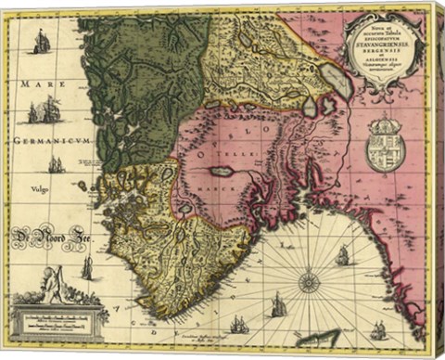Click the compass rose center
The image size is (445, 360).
coord(309,281)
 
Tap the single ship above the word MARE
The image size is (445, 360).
coord(42,41)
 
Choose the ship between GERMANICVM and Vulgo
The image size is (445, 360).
coord(57,164)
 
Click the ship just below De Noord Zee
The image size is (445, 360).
coord(87,267)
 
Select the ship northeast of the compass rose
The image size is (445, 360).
coord(342,255)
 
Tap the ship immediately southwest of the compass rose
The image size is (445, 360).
coord(277,304)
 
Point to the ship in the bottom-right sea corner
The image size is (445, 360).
coord(378,329)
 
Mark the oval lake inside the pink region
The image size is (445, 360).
coord(222,172)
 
